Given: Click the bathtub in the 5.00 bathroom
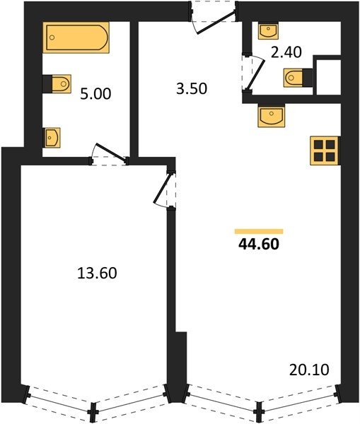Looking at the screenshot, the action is click(76, 37).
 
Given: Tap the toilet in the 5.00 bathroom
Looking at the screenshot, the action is click(57, 84).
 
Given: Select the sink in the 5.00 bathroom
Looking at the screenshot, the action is click(52, 138).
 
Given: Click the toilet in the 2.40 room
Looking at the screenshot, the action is click(298, 78).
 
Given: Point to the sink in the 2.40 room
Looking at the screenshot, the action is click(268, 30).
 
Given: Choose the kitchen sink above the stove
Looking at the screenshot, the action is click(271, 115).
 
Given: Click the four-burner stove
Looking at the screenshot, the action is click(325, 151).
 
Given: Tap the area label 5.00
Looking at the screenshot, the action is click(95, 94).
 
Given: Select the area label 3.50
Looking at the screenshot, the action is click(192, 89).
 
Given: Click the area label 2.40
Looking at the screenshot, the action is click(286, 52).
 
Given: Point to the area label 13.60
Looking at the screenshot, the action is click(97, 273).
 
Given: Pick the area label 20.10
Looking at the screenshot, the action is click(309, 370).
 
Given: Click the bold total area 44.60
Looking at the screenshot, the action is click(259, 245).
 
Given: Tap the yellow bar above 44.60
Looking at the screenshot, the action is click(259, 231).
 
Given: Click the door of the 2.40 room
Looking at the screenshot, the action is click(253, 73).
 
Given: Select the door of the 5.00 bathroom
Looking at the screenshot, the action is click(109, 154).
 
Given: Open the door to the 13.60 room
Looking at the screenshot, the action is click(165, 189).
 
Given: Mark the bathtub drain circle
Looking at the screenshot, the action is click(52, 37).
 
